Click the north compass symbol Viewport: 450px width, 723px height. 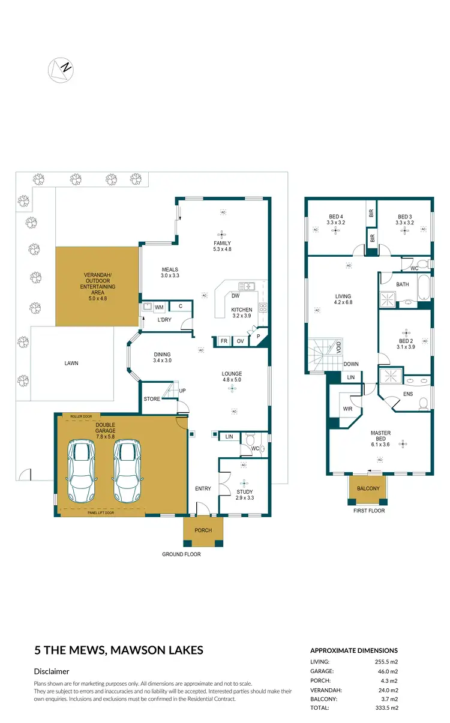(x=60, y=69)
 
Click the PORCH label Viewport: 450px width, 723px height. (x=203, y=530)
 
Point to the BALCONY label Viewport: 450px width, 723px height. (x=368, y=488)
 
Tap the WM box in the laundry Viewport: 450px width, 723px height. (x=159, y=307)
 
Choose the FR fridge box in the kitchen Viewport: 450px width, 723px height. (x=224, y=341)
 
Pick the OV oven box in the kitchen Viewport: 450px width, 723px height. (x=240, y=341)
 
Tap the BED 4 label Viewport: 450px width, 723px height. (x=335, y=220)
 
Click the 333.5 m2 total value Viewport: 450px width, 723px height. (x=385, y=708)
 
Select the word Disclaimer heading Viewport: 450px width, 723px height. (x=51, y=671)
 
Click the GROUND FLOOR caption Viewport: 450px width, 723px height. (x=181, y=554)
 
